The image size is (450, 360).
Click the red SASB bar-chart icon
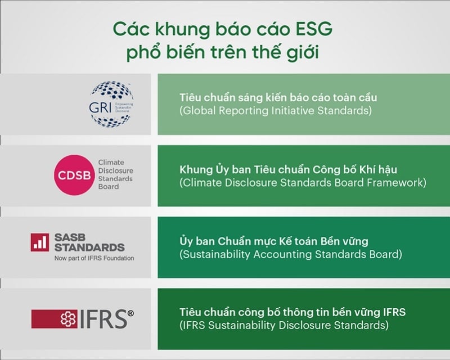pyautogui.click(x=39, y=242)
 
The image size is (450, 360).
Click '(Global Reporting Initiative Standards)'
pyautogui.click(x=276, y=111)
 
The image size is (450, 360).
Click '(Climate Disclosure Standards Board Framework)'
pyautogui.click(x=303, y=183)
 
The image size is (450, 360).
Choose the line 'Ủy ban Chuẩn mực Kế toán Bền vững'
pyautogui.click(x=273, y=241)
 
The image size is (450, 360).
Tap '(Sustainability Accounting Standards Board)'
pyautogui.click(x=290, y=254)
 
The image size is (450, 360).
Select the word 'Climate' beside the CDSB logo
pyautogui.click(x=111, y=162)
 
